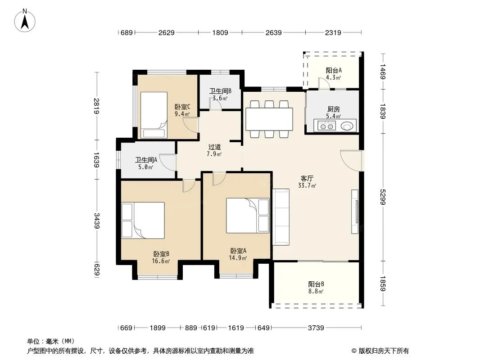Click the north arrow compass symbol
25,21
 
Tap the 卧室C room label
182,107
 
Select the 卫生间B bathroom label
220,91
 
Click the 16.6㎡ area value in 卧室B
161,261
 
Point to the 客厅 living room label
307,178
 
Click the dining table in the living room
269,119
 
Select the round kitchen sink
347,126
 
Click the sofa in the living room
281,217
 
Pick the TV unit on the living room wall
355,211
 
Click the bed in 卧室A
248,216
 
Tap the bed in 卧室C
154,115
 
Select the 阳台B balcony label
316,284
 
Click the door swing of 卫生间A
168,162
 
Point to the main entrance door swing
351,160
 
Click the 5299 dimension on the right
383,197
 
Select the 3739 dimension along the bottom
316,328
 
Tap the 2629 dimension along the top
166,32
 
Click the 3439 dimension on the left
97,221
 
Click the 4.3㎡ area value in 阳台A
333,78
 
